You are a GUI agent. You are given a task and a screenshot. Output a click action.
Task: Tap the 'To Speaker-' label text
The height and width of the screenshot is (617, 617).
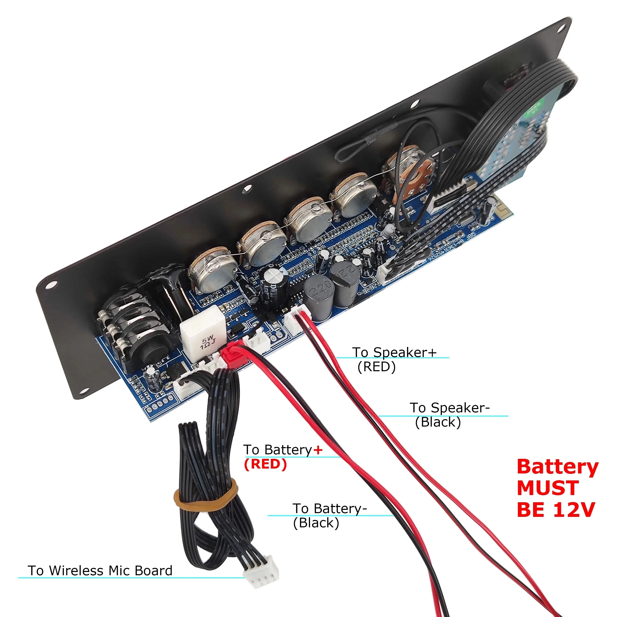[449, 408]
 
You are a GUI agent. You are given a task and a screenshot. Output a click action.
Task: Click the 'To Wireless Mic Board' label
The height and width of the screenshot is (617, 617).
[100, 570]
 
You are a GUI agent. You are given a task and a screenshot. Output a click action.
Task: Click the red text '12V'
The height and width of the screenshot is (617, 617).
[574, 510]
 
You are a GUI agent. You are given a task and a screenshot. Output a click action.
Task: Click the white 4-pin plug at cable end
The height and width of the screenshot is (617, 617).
[261, 577]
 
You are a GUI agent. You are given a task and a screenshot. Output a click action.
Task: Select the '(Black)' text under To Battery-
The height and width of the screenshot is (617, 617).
[316, 523]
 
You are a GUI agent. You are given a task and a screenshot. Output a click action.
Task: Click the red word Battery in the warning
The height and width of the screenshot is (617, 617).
[557, 467]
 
